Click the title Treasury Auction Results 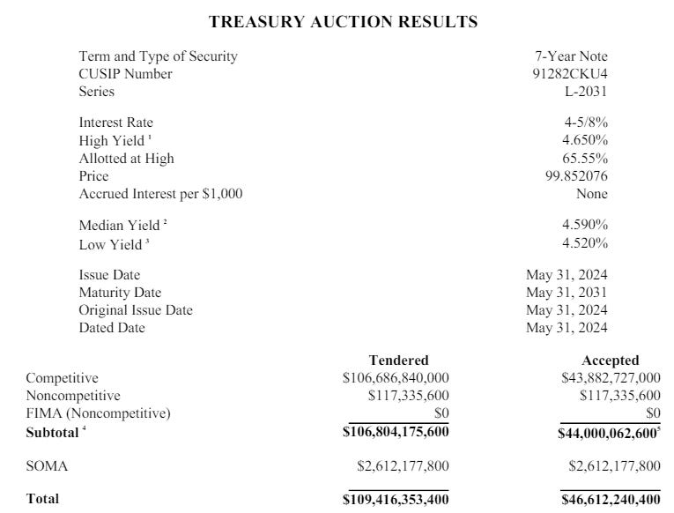click(x=343, y=22)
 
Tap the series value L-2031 click(x=586, y=91)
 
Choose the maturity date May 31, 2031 click(x=567, y=293)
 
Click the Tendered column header click(x=398, y=361)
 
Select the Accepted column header click(x=610, y=361)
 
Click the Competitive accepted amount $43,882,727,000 click(x=611, y=378)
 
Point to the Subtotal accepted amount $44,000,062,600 click(x=608, y=434)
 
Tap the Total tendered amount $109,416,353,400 click(x=396, y=500)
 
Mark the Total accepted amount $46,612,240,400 click(x=611, y=500)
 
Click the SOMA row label click(x=47, y=466)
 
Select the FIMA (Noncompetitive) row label click(x=98, y=413)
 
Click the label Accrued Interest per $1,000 click(x=160, y=194)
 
